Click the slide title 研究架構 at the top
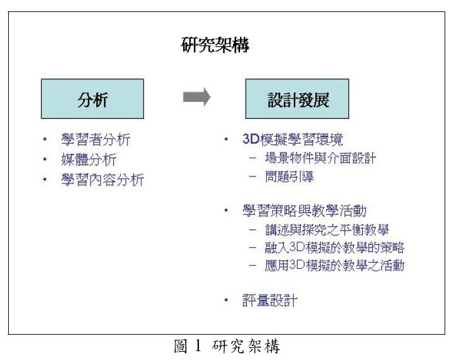(215, 45)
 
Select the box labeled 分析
(92, 99)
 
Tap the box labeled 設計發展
(297, 99)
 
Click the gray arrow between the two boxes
(196, 97)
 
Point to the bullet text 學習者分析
(96, 140)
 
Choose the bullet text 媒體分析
(89, 159)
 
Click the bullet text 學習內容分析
(103, 180)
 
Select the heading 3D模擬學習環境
(293, 139)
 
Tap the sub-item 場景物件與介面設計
(320, 158)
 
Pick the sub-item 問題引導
(289, 176)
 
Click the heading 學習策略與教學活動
(305, 211)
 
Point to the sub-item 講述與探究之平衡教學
(327, 230)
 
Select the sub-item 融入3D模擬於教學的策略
(334, 247)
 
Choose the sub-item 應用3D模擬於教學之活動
(334, 265)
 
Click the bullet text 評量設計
(270, 300)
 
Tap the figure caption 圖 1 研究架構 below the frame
(227, 346)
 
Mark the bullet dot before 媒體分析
(45, 159)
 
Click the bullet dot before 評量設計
(226, 300)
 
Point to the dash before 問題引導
(253, 176)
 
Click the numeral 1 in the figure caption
(198, 345)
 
